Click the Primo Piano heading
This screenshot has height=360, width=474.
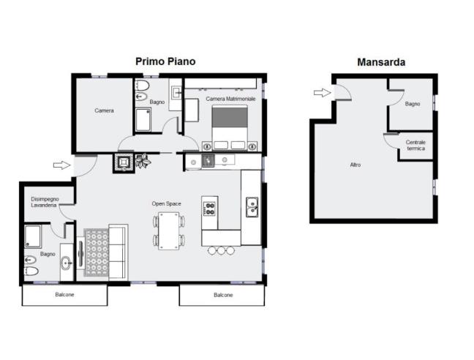point(165,61)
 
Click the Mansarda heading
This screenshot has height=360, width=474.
point(381,62)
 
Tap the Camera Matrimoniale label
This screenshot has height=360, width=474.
point(230,99)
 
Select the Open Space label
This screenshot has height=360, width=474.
point(167,203)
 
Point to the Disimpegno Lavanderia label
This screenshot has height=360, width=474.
point(44,202)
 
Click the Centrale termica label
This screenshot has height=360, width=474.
point(415,145)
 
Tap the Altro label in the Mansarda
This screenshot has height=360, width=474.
point(355,165)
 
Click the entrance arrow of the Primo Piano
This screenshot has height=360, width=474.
point(61,165)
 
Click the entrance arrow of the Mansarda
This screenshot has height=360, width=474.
point(323,92)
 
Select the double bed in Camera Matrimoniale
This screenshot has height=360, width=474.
point(230,127)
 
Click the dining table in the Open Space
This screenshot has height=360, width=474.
point(169,231)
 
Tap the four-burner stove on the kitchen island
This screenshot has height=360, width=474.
point(209,209)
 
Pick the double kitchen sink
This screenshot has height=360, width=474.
point(252,207)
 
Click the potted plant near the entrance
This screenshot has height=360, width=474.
point(143,160)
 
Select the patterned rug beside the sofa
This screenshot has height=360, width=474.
point(96,252)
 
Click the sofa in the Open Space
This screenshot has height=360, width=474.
point(118,252)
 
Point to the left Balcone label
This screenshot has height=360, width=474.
point(64,294)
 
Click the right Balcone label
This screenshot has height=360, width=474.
point(223,295)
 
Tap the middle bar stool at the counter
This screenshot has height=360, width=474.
point(222,250)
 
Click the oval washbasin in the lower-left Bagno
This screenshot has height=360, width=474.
point(67,263)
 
